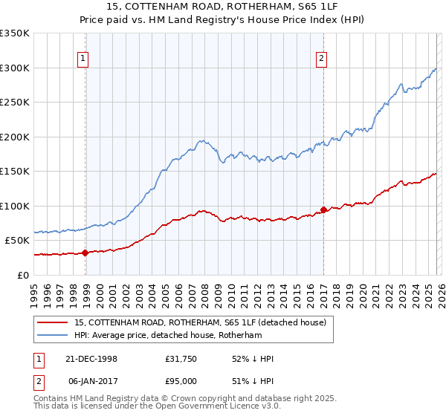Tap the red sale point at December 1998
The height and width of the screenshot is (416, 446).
(x=85, y=253)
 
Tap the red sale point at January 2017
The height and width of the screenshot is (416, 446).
(x=323, y=209)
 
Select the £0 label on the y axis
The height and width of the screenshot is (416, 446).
(x=22, y=275)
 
